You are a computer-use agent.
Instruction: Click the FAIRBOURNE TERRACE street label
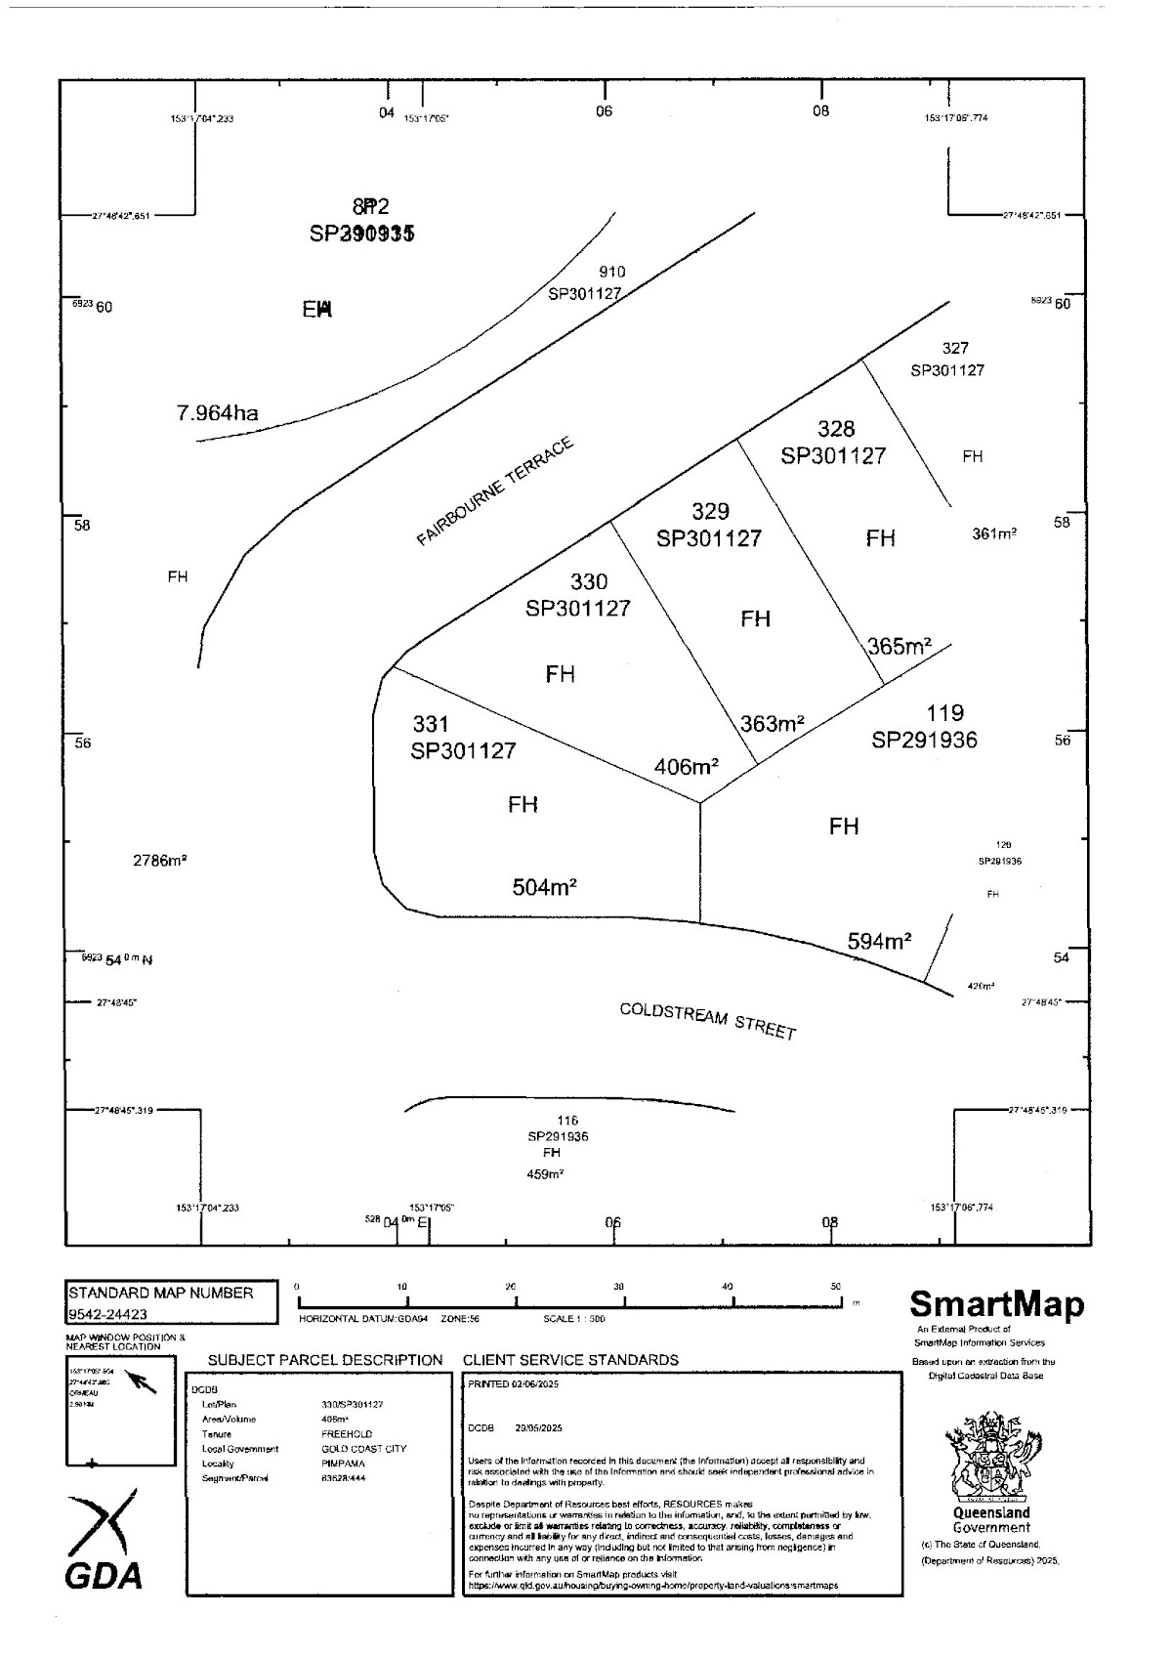click(495, 490)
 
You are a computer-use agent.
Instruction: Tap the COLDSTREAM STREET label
click(708, 1021)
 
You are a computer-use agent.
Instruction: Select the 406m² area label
click(686, 767)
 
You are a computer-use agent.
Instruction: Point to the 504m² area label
click(544, 888)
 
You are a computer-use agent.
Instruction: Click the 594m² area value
click(879, 942)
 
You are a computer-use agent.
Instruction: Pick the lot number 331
click(431, 724)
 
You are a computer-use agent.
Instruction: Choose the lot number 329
click(710, 512)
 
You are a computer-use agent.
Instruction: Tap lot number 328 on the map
click(835, 429)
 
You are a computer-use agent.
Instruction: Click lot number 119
click(944, 713)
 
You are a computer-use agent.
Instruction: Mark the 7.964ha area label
click(218, 413)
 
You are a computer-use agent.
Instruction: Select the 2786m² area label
click(160, 861)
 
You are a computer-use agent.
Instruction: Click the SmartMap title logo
click(996, 1304)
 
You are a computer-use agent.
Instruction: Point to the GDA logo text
click(103, 1575)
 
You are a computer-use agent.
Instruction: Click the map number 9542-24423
click(108, 1314)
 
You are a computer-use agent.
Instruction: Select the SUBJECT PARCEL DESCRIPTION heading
click(325, 1360)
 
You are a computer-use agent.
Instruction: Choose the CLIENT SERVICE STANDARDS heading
click(570, 1360)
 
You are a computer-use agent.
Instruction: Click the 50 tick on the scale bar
click(835, 1288)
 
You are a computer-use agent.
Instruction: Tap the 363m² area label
click(772, 724)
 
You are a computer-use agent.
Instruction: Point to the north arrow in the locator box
click(143, 1381)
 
